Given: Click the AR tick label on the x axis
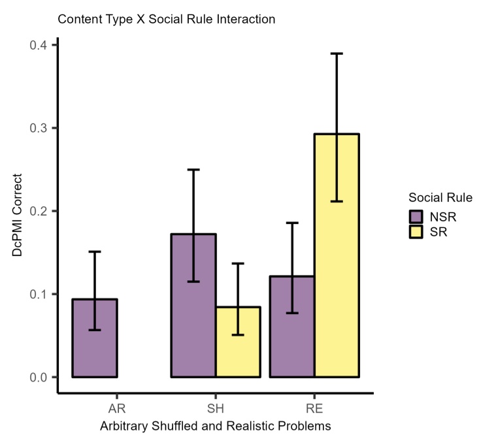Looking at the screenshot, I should (117, 409).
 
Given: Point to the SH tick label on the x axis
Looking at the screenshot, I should (216, 409).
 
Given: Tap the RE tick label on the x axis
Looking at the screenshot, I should (314, 409).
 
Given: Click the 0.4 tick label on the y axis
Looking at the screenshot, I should (39, 45).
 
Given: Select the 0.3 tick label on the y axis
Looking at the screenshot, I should (39, 128).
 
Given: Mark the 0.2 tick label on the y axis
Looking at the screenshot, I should (39, 211).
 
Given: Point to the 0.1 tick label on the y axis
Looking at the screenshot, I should (39, 294).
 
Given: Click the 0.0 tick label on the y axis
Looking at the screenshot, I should (39, 377).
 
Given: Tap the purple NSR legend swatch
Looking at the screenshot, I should (416, 215).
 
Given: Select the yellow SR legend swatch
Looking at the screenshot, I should (416, 231).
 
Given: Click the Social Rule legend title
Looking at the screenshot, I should (440, 197).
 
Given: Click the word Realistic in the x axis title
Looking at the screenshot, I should (263, 426).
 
